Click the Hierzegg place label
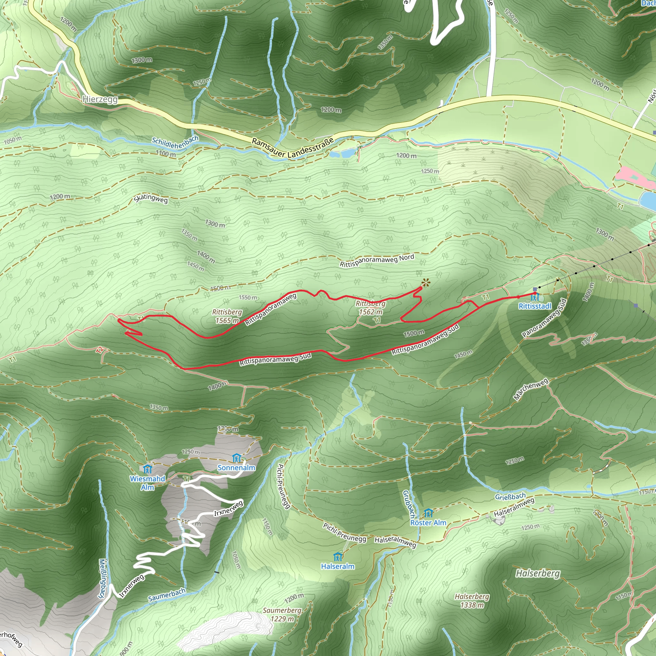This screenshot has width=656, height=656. pos(100,99)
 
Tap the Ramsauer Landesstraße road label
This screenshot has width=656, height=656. pos(293,148)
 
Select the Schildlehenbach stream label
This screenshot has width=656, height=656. pos(175,143)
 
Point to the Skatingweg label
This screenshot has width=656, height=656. pos(151,198)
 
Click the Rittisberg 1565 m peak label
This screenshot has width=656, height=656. pos(227,316)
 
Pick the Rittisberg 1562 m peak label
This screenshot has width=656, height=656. pos(371,307)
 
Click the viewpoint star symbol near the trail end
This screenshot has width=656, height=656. pos(425,283)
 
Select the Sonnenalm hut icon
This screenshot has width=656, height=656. pos(236,458)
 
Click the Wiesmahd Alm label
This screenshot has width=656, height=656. pos(147,483)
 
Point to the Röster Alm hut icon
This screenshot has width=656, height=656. pos(429,513)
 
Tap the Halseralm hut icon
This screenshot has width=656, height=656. pos(338,557)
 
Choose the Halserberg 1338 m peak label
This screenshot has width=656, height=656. pos(472,601)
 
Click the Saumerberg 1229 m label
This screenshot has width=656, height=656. pos(282,615)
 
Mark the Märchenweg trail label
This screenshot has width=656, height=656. pos(531,389)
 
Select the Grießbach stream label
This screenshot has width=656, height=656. pos(510,497)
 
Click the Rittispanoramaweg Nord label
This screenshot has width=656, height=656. pos(377,260)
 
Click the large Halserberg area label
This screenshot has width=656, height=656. pos(537,573)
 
